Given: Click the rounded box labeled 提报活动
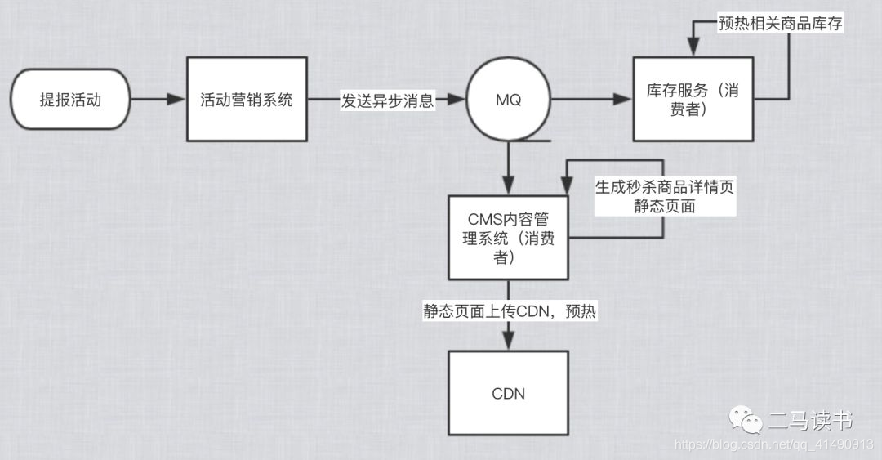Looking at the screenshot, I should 72,100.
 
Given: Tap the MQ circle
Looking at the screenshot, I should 508,100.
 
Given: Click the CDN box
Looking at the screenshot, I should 508,394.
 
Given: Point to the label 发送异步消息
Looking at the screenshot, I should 388,100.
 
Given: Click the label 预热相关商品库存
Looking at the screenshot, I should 779,24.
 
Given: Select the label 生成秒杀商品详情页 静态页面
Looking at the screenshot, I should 664,197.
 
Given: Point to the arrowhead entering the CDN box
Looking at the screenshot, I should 508,343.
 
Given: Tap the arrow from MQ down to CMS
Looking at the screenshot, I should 508,167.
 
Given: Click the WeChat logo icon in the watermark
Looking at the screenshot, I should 744,420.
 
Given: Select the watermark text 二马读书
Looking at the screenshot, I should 809,421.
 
